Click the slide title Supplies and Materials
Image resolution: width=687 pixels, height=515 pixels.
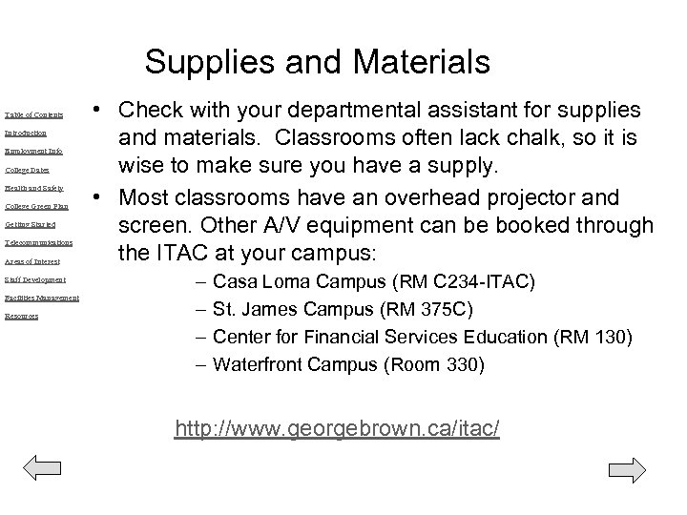318,63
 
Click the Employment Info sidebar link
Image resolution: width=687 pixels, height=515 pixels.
33,151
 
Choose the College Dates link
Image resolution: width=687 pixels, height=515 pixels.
27,170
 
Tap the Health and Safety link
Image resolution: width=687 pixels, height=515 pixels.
33,188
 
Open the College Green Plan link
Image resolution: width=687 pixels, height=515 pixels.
36,206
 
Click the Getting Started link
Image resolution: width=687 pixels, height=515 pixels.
30,224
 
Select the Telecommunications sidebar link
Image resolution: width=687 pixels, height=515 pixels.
38,242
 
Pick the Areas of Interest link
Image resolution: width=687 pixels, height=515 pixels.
32,261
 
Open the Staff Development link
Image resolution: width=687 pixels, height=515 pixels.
35,279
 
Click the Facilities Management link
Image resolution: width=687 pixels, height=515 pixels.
41,298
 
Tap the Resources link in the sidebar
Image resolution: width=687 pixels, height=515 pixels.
21,316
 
